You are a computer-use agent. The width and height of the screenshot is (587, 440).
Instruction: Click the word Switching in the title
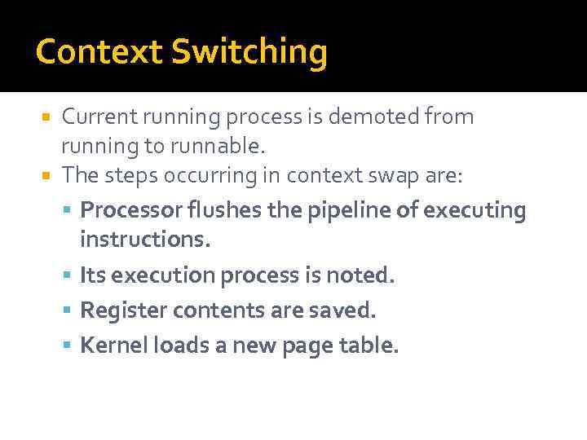[x=249, y=53]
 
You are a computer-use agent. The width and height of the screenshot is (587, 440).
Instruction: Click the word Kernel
[x=108, y=345]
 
